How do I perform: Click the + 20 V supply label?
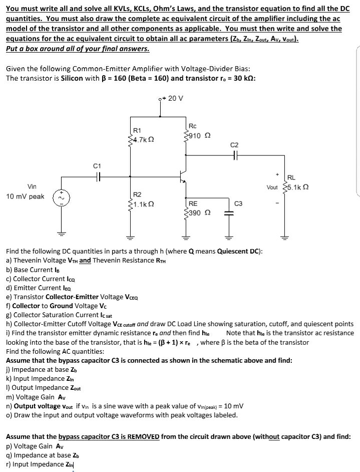pyautogui.click(x=175, y=98)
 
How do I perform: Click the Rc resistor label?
pyautogui.click(x=193, y=127)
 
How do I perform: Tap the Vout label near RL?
pyautogui.click(x=272, y=187)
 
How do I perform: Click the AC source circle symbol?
pyautogui.click(x=63, y=197)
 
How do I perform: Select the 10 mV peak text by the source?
pyautogui.click(x=25, y=196)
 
